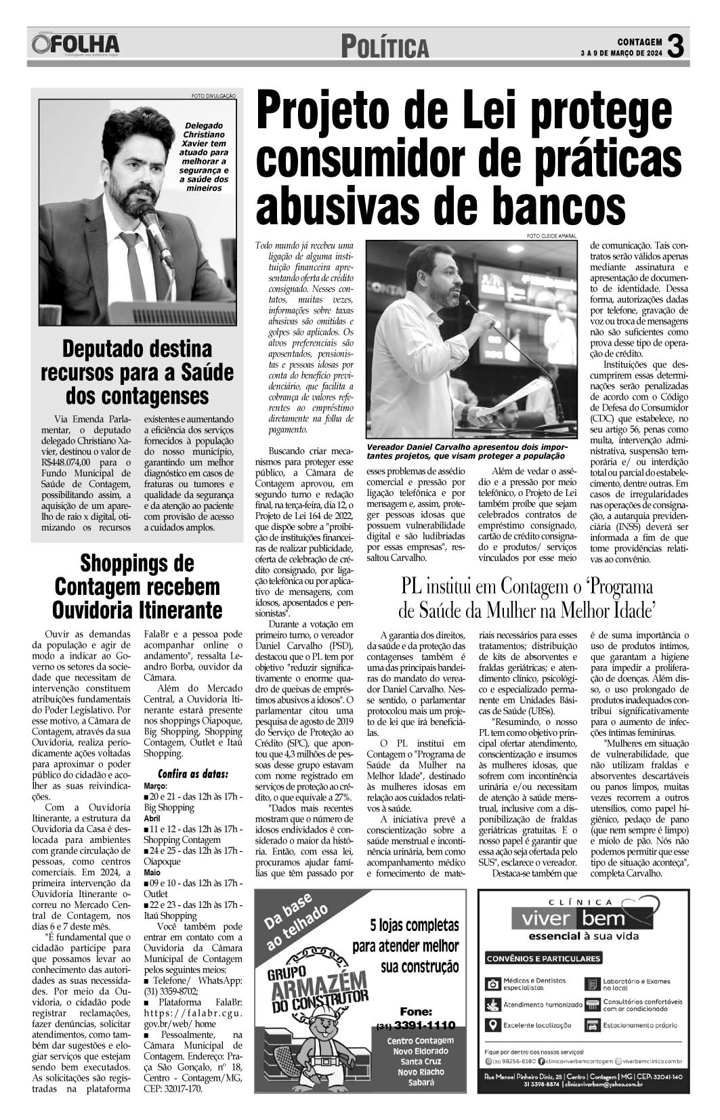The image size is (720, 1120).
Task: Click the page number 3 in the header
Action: click(677, 46)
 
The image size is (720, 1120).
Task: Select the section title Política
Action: click(385, 47)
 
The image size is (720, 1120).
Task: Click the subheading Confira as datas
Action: click(193, 774)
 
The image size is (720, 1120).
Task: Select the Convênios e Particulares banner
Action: click(544, 959)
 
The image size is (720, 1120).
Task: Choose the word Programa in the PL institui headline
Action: click(616, 585)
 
